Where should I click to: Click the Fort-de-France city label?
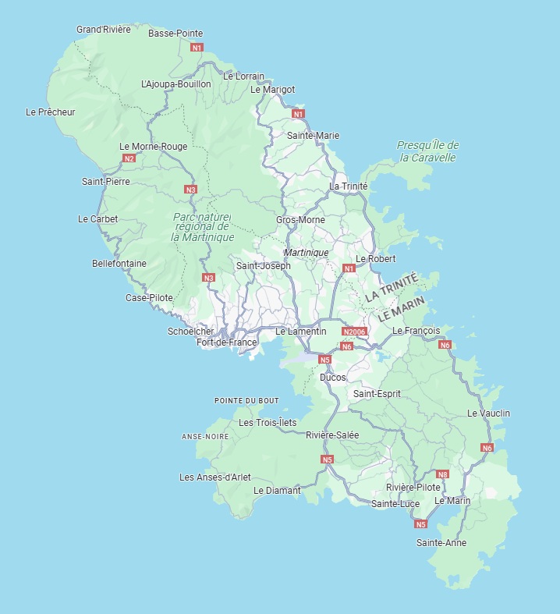226,342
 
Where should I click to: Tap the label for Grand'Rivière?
104,30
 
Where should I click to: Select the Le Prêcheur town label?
50,112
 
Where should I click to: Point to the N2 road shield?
129,158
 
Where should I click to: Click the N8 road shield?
442,474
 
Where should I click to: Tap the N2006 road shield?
354,332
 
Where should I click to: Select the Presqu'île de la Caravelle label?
427,151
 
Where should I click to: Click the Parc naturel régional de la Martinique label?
202,226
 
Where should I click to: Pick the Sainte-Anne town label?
441,542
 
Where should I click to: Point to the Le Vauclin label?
488,413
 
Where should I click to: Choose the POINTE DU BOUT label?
246,400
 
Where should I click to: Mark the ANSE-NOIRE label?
205,436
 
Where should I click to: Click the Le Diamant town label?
277,491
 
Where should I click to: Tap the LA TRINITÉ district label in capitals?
392,287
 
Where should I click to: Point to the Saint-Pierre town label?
106,182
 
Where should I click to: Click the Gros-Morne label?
300,220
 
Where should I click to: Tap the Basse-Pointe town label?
175,34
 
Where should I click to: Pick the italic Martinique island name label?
306,253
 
